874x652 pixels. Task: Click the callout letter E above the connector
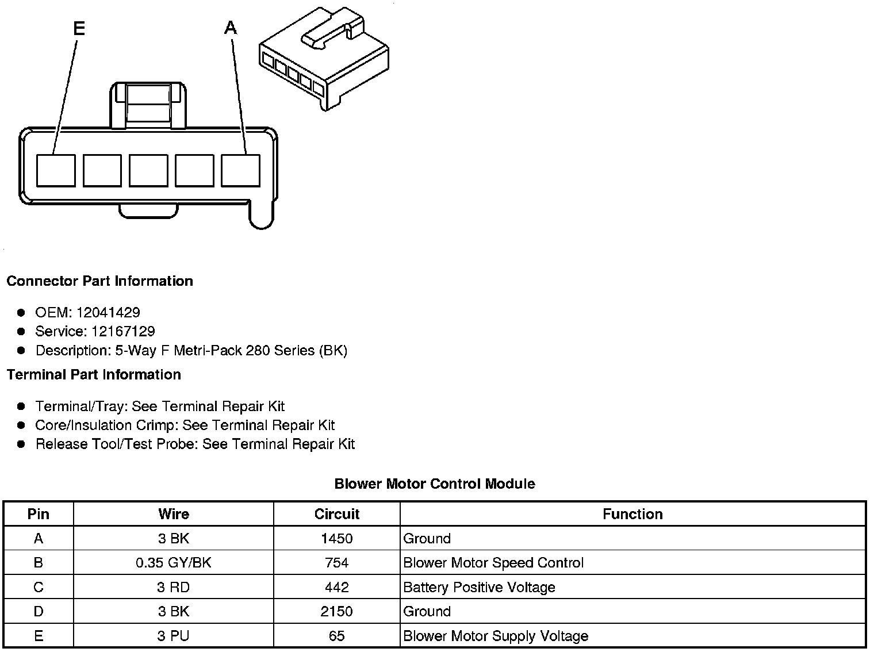(x=79, y=28)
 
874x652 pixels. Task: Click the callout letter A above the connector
(x=231, y=28)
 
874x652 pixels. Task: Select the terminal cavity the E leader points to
(x=56, y=170)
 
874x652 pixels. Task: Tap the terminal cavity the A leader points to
(x=240, y=170)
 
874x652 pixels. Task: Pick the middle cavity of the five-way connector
(x=148, y=170)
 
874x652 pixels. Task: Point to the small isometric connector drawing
(x=324, y=59)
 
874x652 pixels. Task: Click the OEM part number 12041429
(x=108, y=312)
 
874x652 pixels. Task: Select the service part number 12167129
(x=123, y=331)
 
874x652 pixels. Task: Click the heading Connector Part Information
(x=99, y=281)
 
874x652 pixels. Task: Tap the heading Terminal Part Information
(x=94, y=375)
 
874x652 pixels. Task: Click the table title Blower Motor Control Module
(x=435, y=484)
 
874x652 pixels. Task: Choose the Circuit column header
(x=337, y=514)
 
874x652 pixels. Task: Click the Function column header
(x=632, y=514)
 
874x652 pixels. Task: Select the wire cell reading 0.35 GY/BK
(x=174, y=563)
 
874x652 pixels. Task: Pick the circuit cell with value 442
(x=337, y=587)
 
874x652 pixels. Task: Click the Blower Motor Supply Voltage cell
(x=496, y=636)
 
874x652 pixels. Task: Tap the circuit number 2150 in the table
(x=337, y=611)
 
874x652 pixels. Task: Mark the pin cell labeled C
(x=39, y=587)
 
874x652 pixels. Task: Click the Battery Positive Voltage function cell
(x=479, y=587)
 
